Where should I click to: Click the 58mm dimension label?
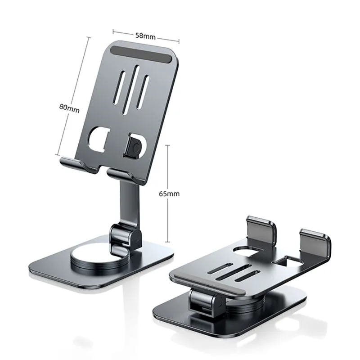coord(145,36)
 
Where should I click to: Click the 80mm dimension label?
coord(69,108)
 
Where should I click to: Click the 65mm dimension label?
coord(169,194)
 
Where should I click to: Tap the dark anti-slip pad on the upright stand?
coord(142,54)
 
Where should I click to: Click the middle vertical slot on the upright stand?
coord(131,90)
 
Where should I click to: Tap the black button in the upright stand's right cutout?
coord(133,146)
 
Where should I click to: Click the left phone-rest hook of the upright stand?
coord(78,164)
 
